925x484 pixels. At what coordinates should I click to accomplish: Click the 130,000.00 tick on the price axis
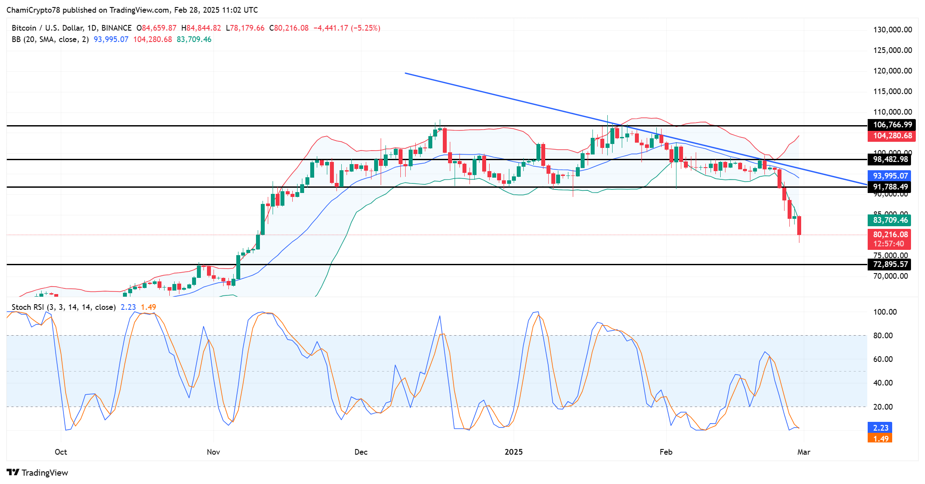(x=893, y=30)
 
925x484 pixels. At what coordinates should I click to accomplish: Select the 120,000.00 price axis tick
(x=893, y=71)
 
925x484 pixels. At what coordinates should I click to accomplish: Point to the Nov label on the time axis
(x=213, y=452)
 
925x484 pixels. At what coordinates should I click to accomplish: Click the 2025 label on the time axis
(x=513, y=452)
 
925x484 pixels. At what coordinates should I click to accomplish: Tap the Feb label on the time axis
(x=666, y=452)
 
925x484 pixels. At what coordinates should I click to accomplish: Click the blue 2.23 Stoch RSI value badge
(x=880, y=428)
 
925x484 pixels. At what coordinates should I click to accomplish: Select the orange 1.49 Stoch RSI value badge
(x=880, y=438)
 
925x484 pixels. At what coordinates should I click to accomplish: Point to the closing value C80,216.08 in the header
(x=289, y=28)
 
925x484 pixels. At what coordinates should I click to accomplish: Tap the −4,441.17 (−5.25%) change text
(x=347, y=28)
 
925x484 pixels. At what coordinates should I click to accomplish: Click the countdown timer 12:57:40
(x=888, y=244)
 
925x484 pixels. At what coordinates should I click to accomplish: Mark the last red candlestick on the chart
(x=799, y=225)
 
